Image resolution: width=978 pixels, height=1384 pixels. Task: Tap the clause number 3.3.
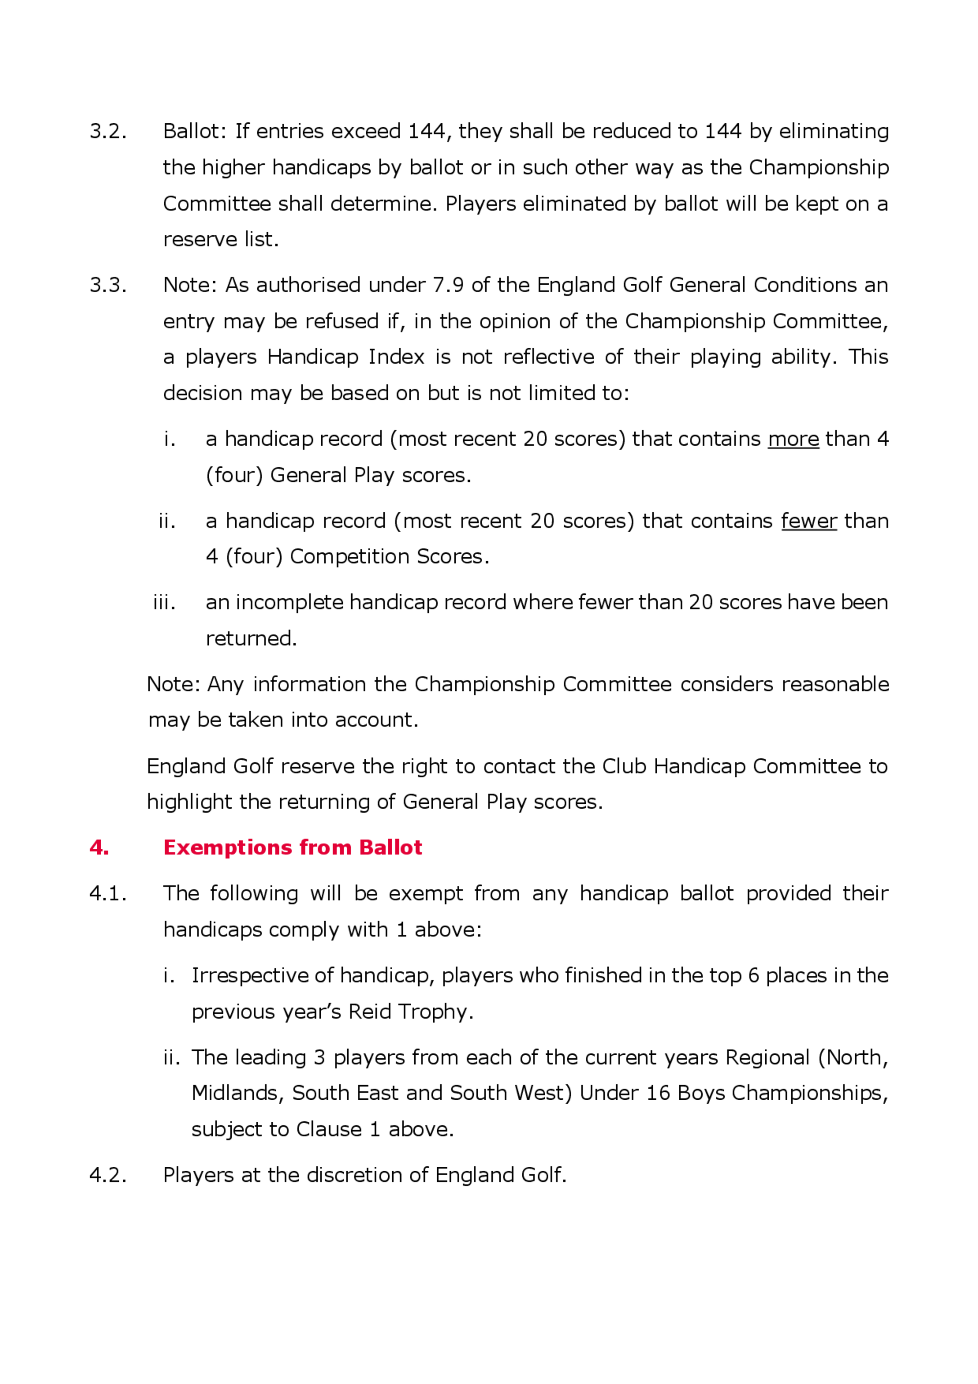coord(108,285)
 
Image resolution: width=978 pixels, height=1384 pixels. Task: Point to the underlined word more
coord(793,439)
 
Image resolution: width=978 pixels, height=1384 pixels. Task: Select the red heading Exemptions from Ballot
coord(292,847)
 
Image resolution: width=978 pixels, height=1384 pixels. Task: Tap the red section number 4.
coord(99,847)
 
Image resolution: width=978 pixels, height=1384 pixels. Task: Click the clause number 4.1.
coord(108,893)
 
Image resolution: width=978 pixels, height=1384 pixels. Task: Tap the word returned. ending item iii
coord(251,638)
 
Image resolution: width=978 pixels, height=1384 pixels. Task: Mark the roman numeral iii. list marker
coord(164,602)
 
